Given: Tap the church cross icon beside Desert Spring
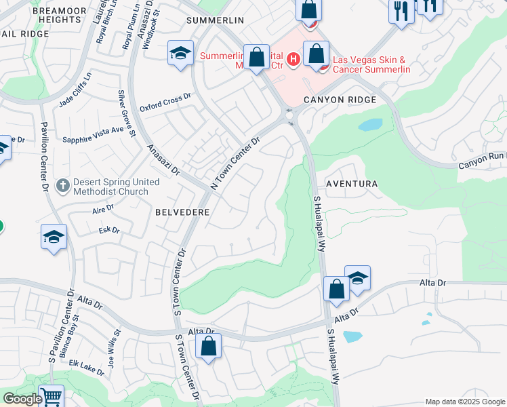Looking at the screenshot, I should [x=62, y=185].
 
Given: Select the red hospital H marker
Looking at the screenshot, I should [x=293, y=60].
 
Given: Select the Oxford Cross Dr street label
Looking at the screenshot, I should [x=165, y=103].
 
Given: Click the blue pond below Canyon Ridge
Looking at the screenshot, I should [x=370, y=125].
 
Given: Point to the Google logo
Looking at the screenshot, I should [x=22, y=399].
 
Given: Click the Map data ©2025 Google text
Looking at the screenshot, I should [x=464, y=402].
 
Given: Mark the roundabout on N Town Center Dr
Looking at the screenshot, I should [x=290, y=117].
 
